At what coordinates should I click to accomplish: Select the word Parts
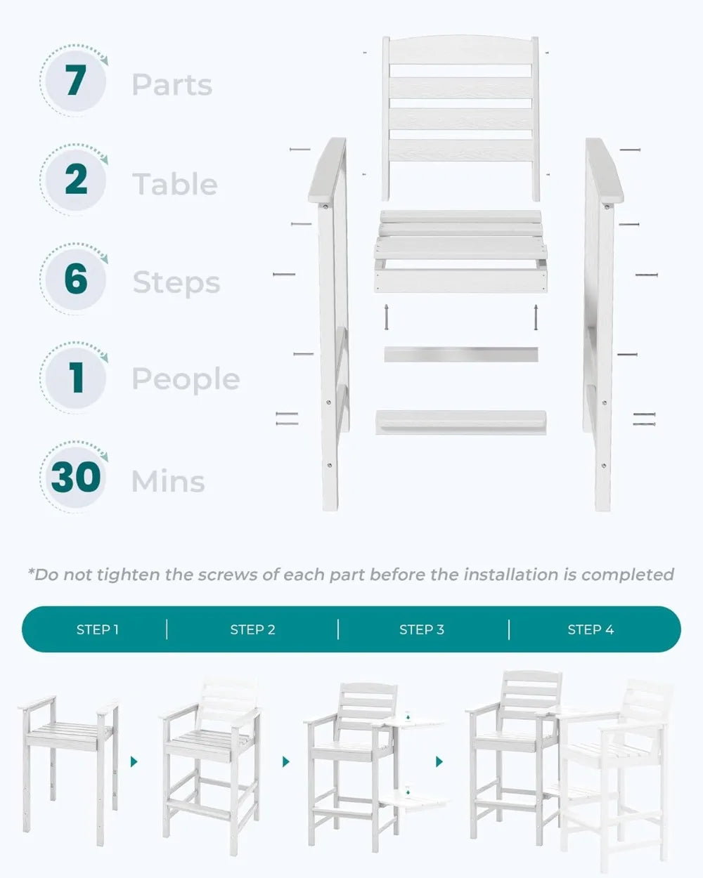click(172, 85)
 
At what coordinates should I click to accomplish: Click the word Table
click(175, 184)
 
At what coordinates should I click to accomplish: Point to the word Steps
click(176, 283)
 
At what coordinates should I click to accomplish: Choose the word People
click(186, 379)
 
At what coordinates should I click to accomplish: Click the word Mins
click(168, 481)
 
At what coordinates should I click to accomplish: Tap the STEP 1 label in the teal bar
click(98, 629)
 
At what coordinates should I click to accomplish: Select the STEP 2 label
click(253, 629)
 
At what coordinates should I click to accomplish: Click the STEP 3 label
click(422, 629)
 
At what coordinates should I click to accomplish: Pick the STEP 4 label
click(591, 629)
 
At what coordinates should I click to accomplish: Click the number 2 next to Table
click(76, 179)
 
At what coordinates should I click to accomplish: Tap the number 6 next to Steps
click(76, 278)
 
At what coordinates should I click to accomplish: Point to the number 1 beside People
click(77, 377)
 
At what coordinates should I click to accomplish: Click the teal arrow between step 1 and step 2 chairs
click(134, 761)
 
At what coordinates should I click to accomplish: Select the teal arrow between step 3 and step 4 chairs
click(439, 761)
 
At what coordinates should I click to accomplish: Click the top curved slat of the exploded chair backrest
click(460, 50)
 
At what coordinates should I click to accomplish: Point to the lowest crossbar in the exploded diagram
click(460, 422)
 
